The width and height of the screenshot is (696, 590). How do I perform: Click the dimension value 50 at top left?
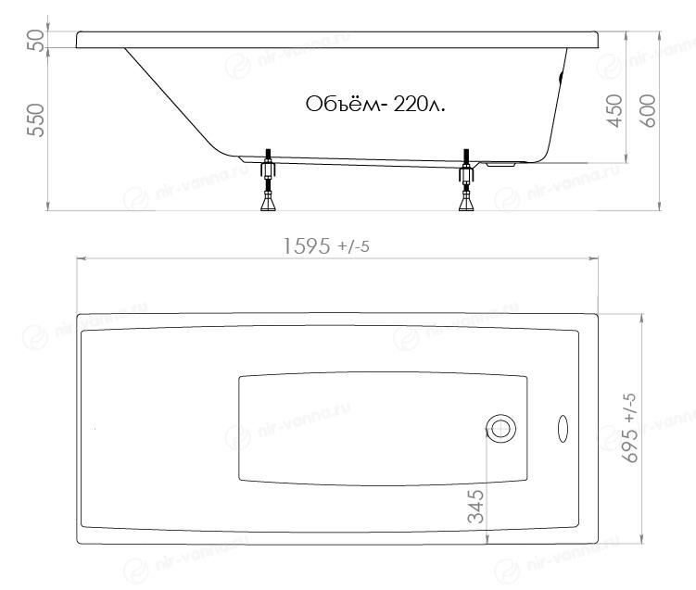35,40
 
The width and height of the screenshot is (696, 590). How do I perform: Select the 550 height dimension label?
35,119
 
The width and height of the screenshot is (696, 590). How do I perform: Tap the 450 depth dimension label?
615,110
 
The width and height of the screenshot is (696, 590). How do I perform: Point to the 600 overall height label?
649,110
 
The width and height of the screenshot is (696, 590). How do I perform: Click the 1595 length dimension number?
307,246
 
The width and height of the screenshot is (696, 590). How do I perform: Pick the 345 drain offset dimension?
475,506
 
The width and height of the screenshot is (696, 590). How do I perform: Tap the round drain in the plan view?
500,429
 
